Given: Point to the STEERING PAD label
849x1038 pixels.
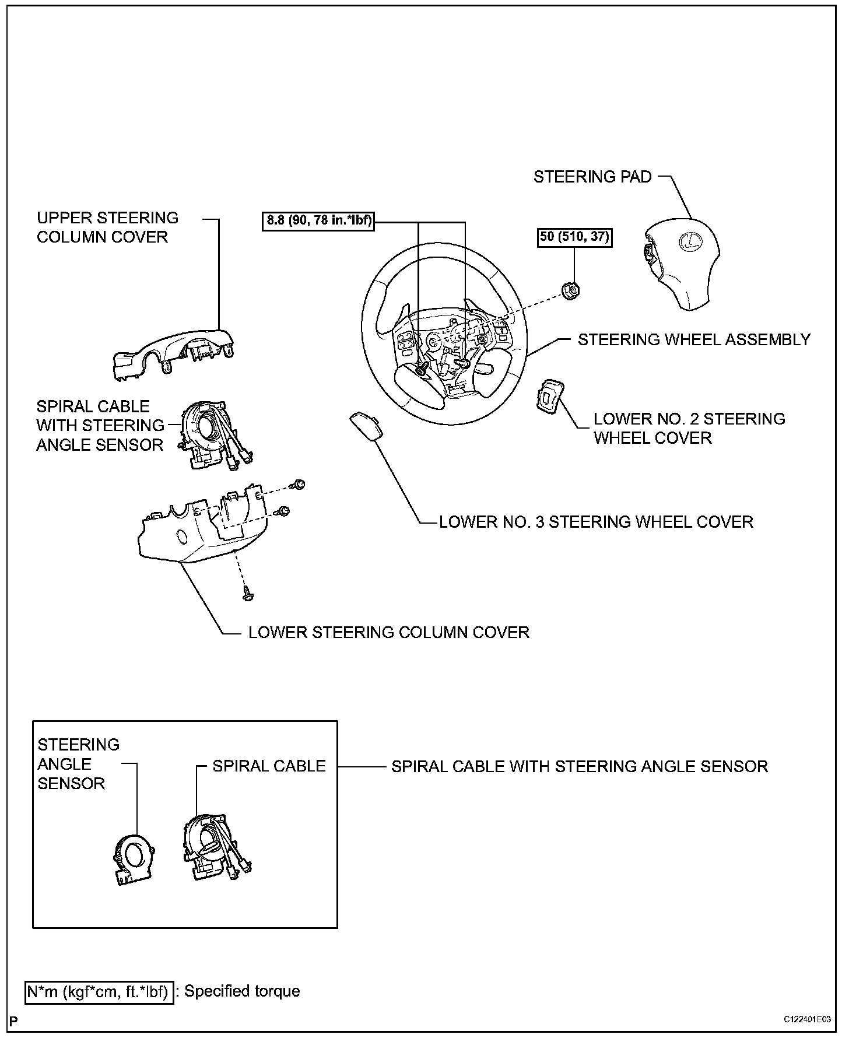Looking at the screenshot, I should [x=592, y=177].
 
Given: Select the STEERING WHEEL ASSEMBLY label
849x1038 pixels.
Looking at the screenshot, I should [x=694, y=339].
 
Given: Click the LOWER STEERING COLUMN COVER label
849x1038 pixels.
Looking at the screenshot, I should [x=389, y=632].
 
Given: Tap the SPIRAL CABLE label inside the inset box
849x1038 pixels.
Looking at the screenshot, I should [x=269, y=766].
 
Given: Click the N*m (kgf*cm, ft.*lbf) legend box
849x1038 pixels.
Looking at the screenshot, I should [x=99, y=991].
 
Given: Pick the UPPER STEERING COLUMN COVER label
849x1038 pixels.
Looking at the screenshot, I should [x=107, y=227].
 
